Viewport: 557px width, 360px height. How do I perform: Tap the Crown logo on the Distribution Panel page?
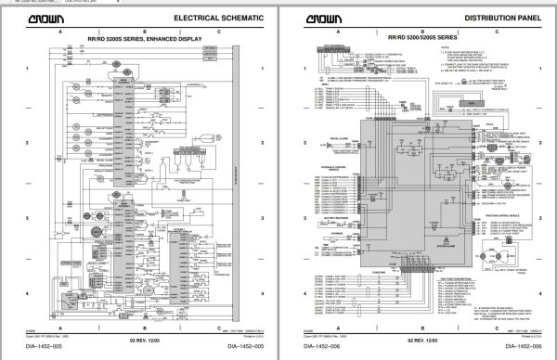(321, 18)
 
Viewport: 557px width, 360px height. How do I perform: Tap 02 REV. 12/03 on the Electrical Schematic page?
(139, 340)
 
